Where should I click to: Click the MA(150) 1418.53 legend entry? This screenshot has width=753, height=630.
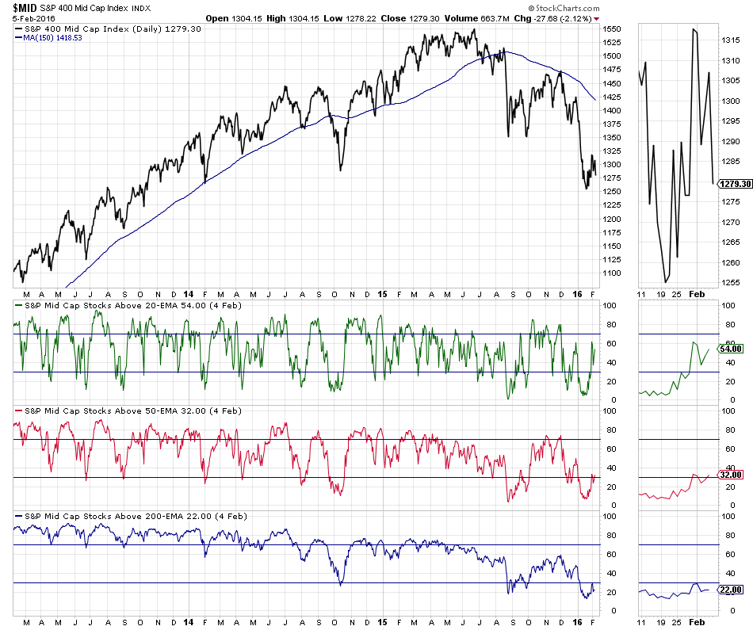point(53,37)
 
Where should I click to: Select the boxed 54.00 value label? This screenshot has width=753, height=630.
point(732,349)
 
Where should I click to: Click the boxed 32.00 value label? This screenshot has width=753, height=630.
point(732,475)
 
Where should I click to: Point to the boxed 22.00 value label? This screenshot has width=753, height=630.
point(732,590)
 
